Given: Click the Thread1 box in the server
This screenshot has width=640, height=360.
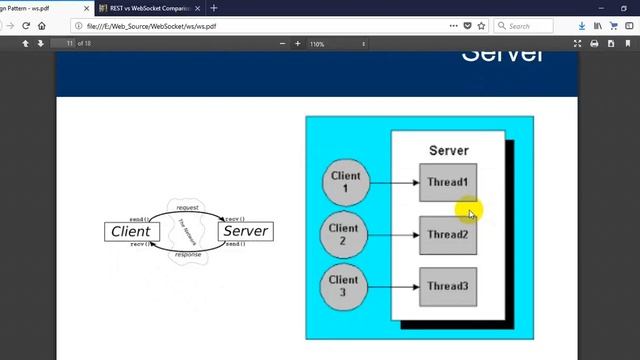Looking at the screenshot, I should [447, 183].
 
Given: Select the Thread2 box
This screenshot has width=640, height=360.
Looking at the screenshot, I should [447, 235].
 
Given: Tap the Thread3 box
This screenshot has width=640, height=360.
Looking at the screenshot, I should [447, 287].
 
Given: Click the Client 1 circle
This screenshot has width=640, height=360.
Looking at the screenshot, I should [345, 182].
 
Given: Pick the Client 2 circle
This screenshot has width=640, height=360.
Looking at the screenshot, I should [343, 235].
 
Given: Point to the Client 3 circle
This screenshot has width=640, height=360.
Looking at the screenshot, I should [343, 286].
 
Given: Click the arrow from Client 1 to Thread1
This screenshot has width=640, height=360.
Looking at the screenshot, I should [394, 183].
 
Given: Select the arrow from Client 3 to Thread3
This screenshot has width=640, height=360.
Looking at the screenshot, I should [394, 287].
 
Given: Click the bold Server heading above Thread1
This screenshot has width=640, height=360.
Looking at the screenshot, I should [448, 150].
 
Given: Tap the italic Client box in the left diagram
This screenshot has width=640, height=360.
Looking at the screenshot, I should [130, 231].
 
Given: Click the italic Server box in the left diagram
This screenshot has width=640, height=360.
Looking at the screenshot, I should [245, 231].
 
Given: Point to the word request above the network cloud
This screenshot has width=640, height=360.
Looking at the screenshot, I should [187, 207].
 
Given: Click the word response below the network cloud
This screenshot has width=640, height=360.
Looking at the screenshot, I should [187, 255].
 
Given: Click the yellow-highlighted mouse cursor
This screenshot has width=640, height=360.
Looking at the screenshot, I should [470, 212].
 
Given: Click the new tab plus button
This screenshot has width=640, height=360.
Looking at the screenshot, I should [214, 8].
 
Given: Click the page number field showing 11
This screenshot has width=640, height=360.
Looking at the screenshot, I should [68, 44].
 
